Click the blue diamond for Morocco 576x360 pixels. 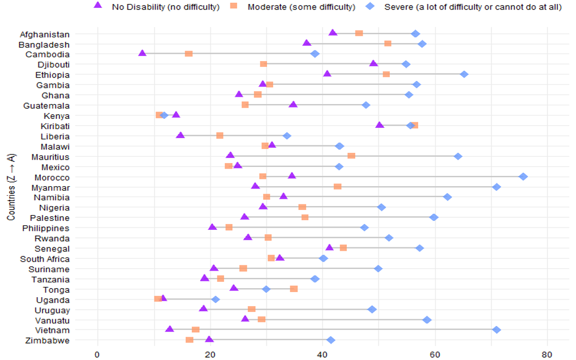(523, 177)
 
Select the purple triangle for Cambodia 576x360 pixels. (143, 53)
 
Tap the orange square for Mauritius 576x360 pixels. (351, 156)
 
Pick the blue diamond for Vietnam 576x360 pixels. (496, 329)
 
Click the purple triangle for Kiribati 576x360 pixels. (380, 125)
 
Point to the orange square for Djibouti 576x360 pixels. (264, 64)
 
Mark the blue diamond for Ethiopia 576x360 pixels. (464, 74)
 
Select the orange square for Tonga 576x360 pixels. (294, 289)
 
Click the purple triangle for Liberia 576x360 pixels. (180, 135)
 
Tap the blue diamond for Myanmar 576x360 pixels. (496, 187)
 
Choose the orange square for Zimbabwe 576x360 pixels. (190, 340)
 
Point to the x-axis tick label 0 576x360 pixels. (98, 355)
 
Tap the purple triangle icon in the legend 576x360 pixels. (98, 6)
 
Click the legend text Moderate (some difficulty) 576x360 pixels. (302, 7)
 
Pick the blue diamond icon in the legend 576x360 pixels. (369, 6)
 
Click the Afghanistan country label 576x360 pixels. (45, 35)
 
